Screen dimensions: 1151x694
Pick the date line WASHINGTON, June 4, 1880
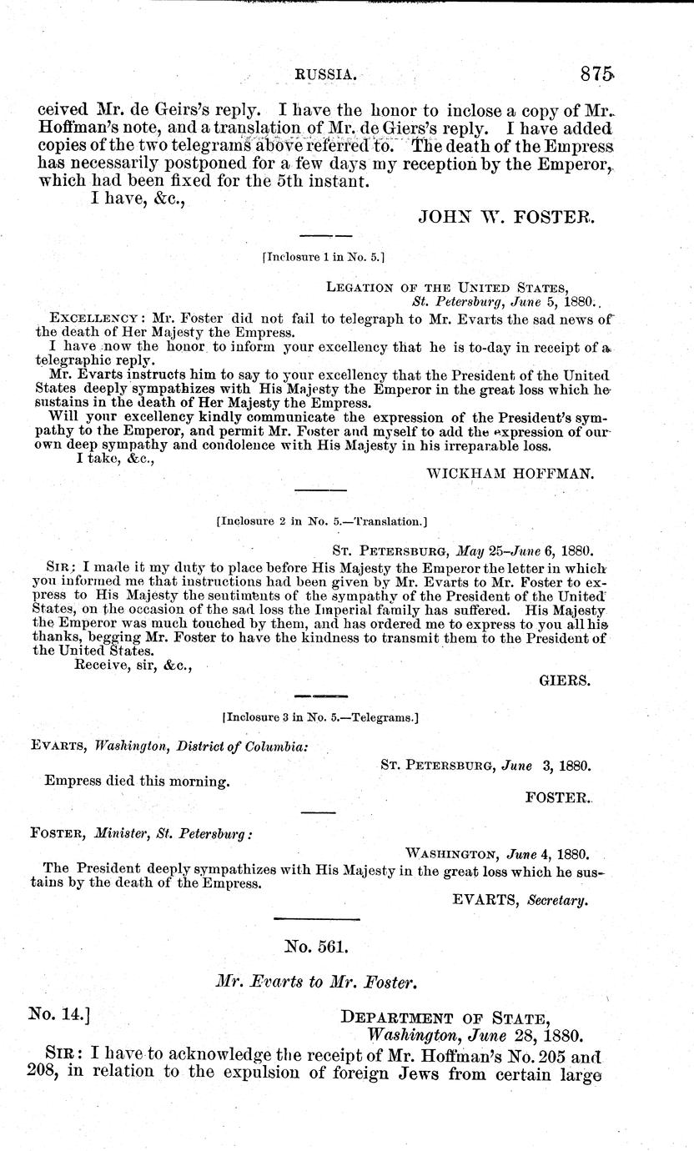click(497, 855)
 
